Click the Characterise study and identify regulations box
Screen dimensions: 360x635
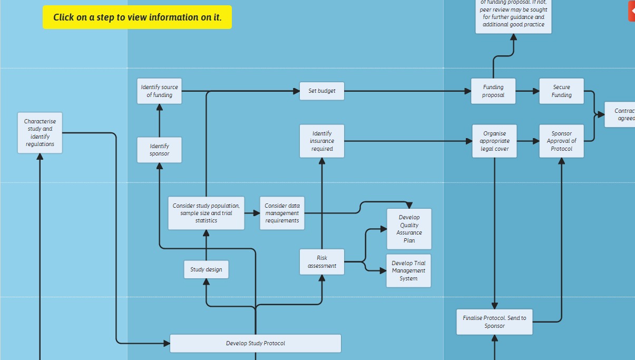click(40, 133)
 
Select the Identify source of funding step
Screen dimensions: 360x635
click(159, 91)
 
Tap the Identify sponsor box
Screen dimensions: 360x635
click(159, 150)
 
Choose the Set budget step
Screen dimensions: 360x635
click(322, 91)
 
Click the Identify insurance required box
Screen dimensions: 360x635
click(322, 141)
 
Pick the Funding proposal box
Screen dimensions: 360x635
click(493, 91)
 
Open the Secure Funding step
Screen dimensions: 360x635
click(562, 91)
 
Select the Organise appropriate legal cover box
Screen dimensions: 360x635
click(494, 141)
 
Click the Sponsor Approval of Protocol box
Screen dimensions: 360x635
click(562, 141)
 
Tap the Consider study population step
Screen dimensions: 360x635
click(206, 213)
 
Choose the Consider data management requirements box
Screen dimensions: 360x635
click(282, 213)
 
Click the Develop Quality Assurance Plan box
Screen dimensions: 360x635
click(409, 229)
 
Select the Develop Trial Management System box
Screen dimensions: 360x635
click(408, 271)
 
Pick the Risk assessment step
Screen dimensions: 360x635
click(322, 262)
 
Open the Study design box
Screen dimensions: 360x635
click(206, 270)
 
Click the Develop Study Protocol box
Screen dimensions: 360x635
click(256, 344)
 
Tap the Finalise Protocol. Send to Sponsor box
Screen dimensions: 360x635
click(494, 322)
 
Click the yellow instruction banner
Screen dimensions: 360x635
click(137, 17)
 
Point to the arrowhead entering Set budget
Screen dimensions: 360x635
click(296, 91)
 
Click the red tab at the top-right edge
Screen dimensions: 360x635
click(632, 11)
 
